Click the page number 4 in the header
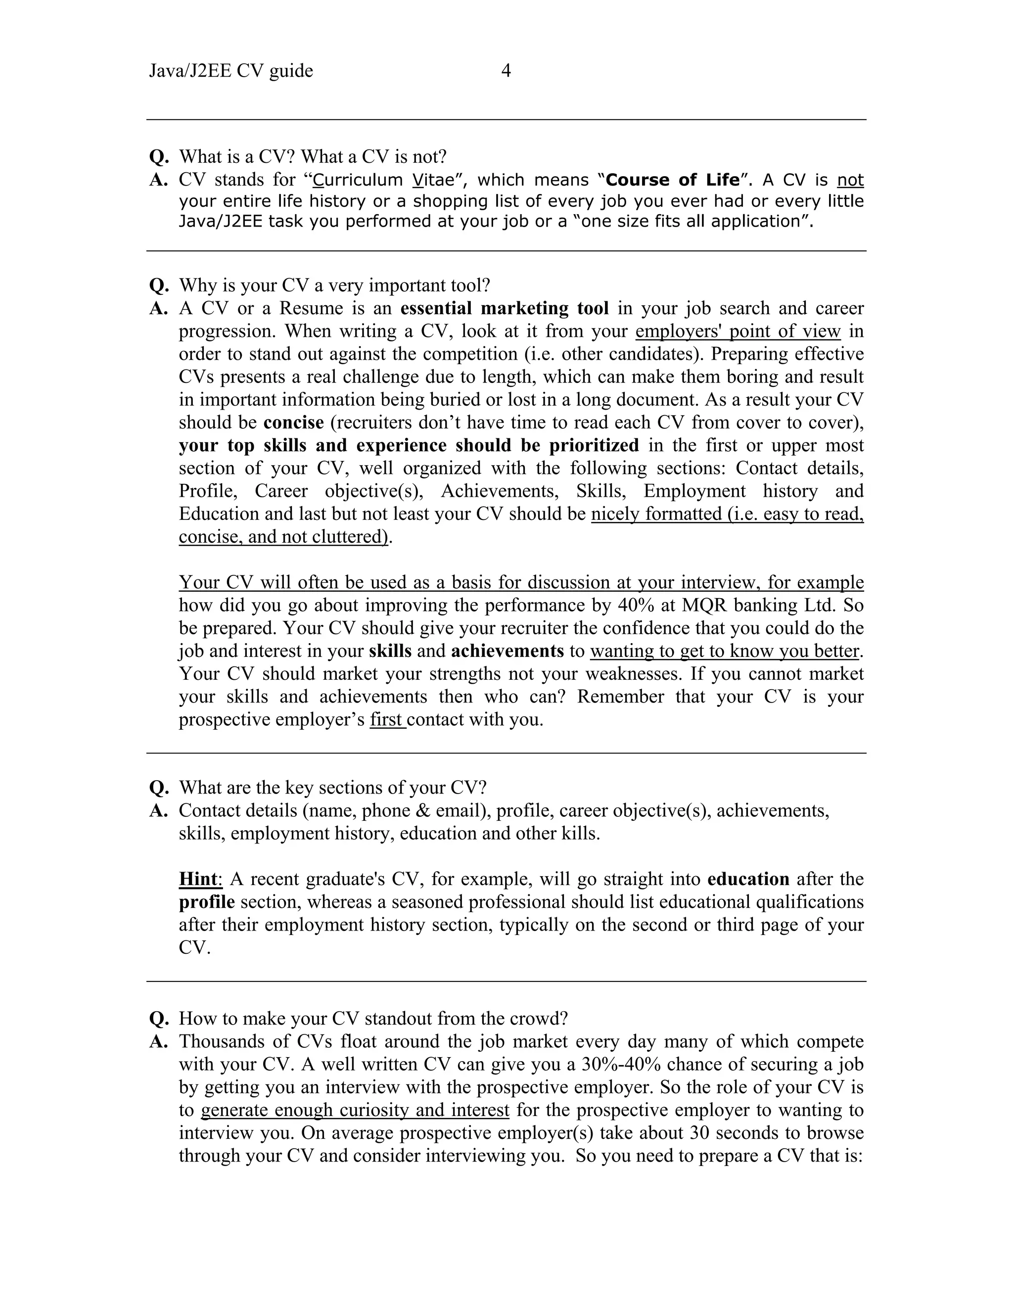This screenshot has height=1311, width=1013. point(506,71)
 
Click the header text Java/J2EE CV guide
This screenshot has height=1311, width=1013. point(231,71)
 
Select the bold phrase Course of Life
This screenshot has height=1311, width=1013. point(673,180)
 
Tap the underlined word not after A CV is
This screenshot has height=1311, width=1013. point(850,180)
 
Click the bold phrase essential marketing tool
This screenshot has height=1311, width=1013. point(504,309)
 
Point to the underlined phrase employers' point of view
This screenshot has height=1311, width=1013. point(737,331)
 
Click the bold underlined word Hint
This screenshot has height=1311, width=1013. point(199,880)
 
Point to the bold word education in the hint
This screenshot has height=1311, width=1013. point(748,880)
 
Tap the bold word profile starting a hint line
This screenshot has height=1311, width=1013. point(206,902)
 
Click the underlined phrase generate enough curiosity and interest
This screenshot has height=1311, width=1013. point(355,1111)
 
